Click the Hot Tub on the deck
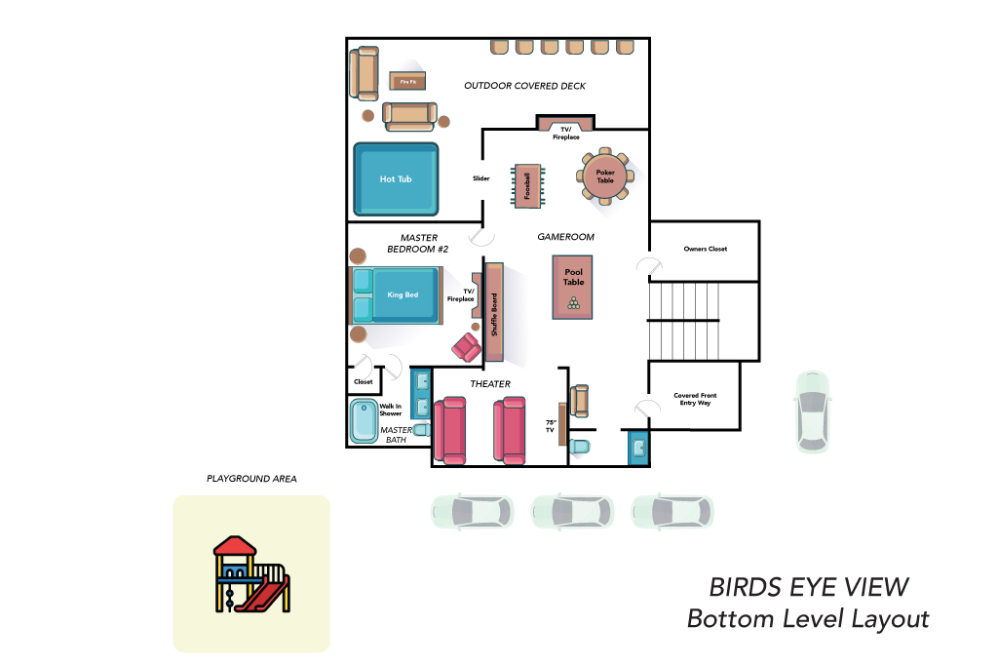click(396, 178)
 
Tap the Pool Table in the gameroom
click(573, 287)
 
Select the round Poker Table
click(604, 176)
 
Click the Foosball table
click(527, 186)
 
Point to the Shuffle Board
click(494, 313)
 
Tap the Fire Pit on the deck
click(407, 82)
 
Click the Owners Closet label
click(706, 249)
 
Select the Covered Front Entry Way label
click(695, 399)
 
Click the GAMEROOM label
click(566, 237)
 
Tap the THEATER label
click(490, 384)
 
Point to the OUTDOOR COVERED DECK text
click(525, 86)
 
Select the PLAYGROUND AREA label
click(251, 479)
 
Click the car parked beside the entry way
click(813, 411)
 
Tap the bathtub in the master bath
click(365, 421)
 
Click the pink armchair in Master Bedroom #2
click(467, 348)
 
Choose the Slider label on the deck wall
click(481, 178)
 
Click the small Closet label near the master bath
click(364, 382)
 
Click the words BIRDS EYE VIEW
click(809, 587)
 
